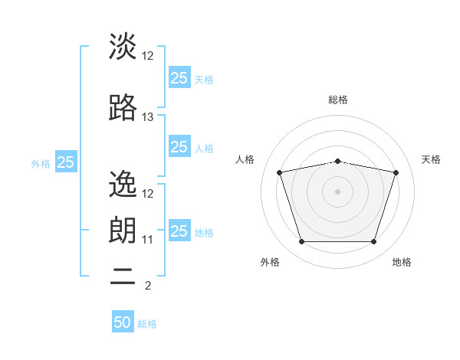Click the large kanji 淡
(123, 46)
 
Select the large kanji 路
(123, 107)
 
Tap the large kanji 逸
(123, 184)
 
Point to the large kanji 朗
(123, 230)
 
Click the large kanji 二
(123, 277)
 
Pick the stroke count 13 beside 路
(147, 117)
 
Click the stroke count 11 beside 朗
(147, 240)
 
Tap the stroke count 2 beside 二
(148, 286)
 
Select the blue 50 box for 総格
(123, 321)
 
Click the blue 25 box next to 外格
(66, 162)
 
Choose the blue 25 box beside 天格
(179, 77)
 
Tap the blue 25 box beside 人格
(179, 146)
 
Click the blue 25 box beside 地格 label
(179, 230)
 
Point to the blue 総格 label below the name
(147, 324)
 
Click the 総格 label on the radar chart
(338, 100)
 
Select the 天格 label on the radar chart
(431, 159)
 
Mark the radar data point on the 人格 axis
(279, 172)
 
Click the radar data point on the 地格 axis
(374, 242)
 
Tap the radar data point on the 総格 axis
(337, 162)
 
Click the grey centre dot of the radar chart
(337, 191)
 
